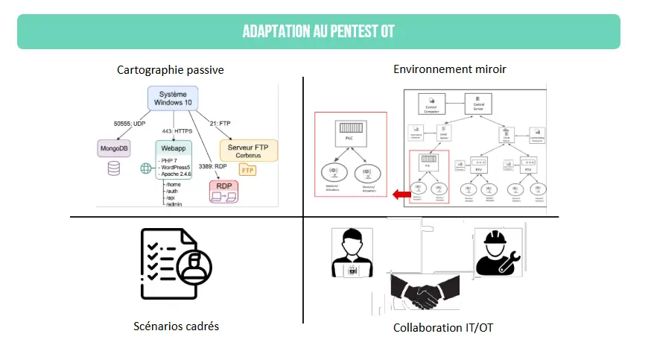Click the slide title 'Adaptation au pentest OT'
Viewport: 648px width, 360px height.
click(x=318, y=31)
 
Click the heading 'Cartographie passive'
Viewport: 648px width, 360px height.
click(x=171, y=70)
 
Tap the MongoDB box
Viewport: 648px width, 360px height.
click(x=114, y=149)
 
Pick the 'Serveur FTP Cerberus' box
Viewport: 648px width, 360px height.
click(x=248, y=149)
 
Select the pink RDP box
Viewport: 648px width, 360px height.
click(x=224, y=191)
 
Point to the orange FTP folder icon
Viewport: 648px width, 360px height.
click(x=247, y=171)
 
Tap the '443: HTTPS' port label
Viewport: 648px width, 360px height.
click(x=175, y=131)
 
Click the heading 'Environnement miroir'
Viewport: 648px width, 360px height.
click(x=449, y=69)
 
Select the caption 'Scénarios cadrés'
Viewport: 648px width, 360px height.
click(x=176, y=326)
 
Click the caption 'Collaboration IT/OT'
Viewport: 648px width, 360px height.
click(x=443, y=328)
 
